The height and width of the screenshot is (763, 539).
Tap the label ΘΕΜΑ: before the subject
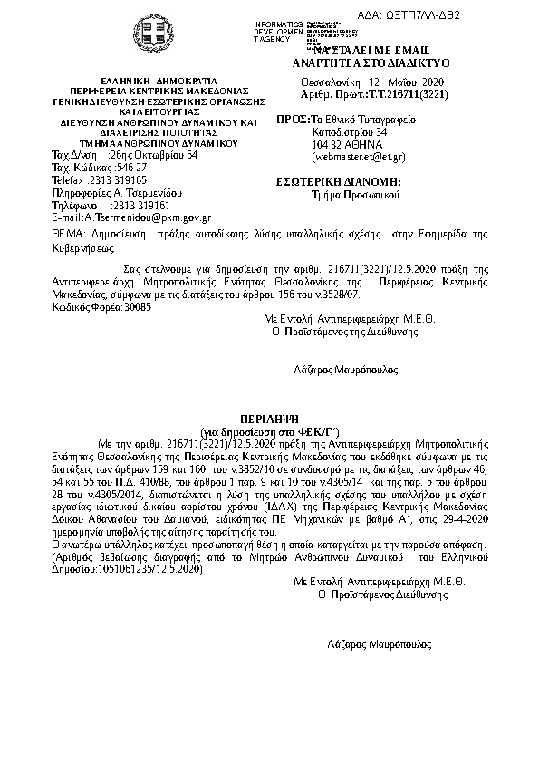pos(68,233)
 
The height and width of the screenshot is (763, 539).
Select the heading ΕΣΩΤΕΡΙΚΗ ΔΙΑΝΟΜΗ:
pos(338,182)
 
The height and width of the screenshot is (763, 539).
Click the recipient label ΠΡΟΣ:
pos(292,120)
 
